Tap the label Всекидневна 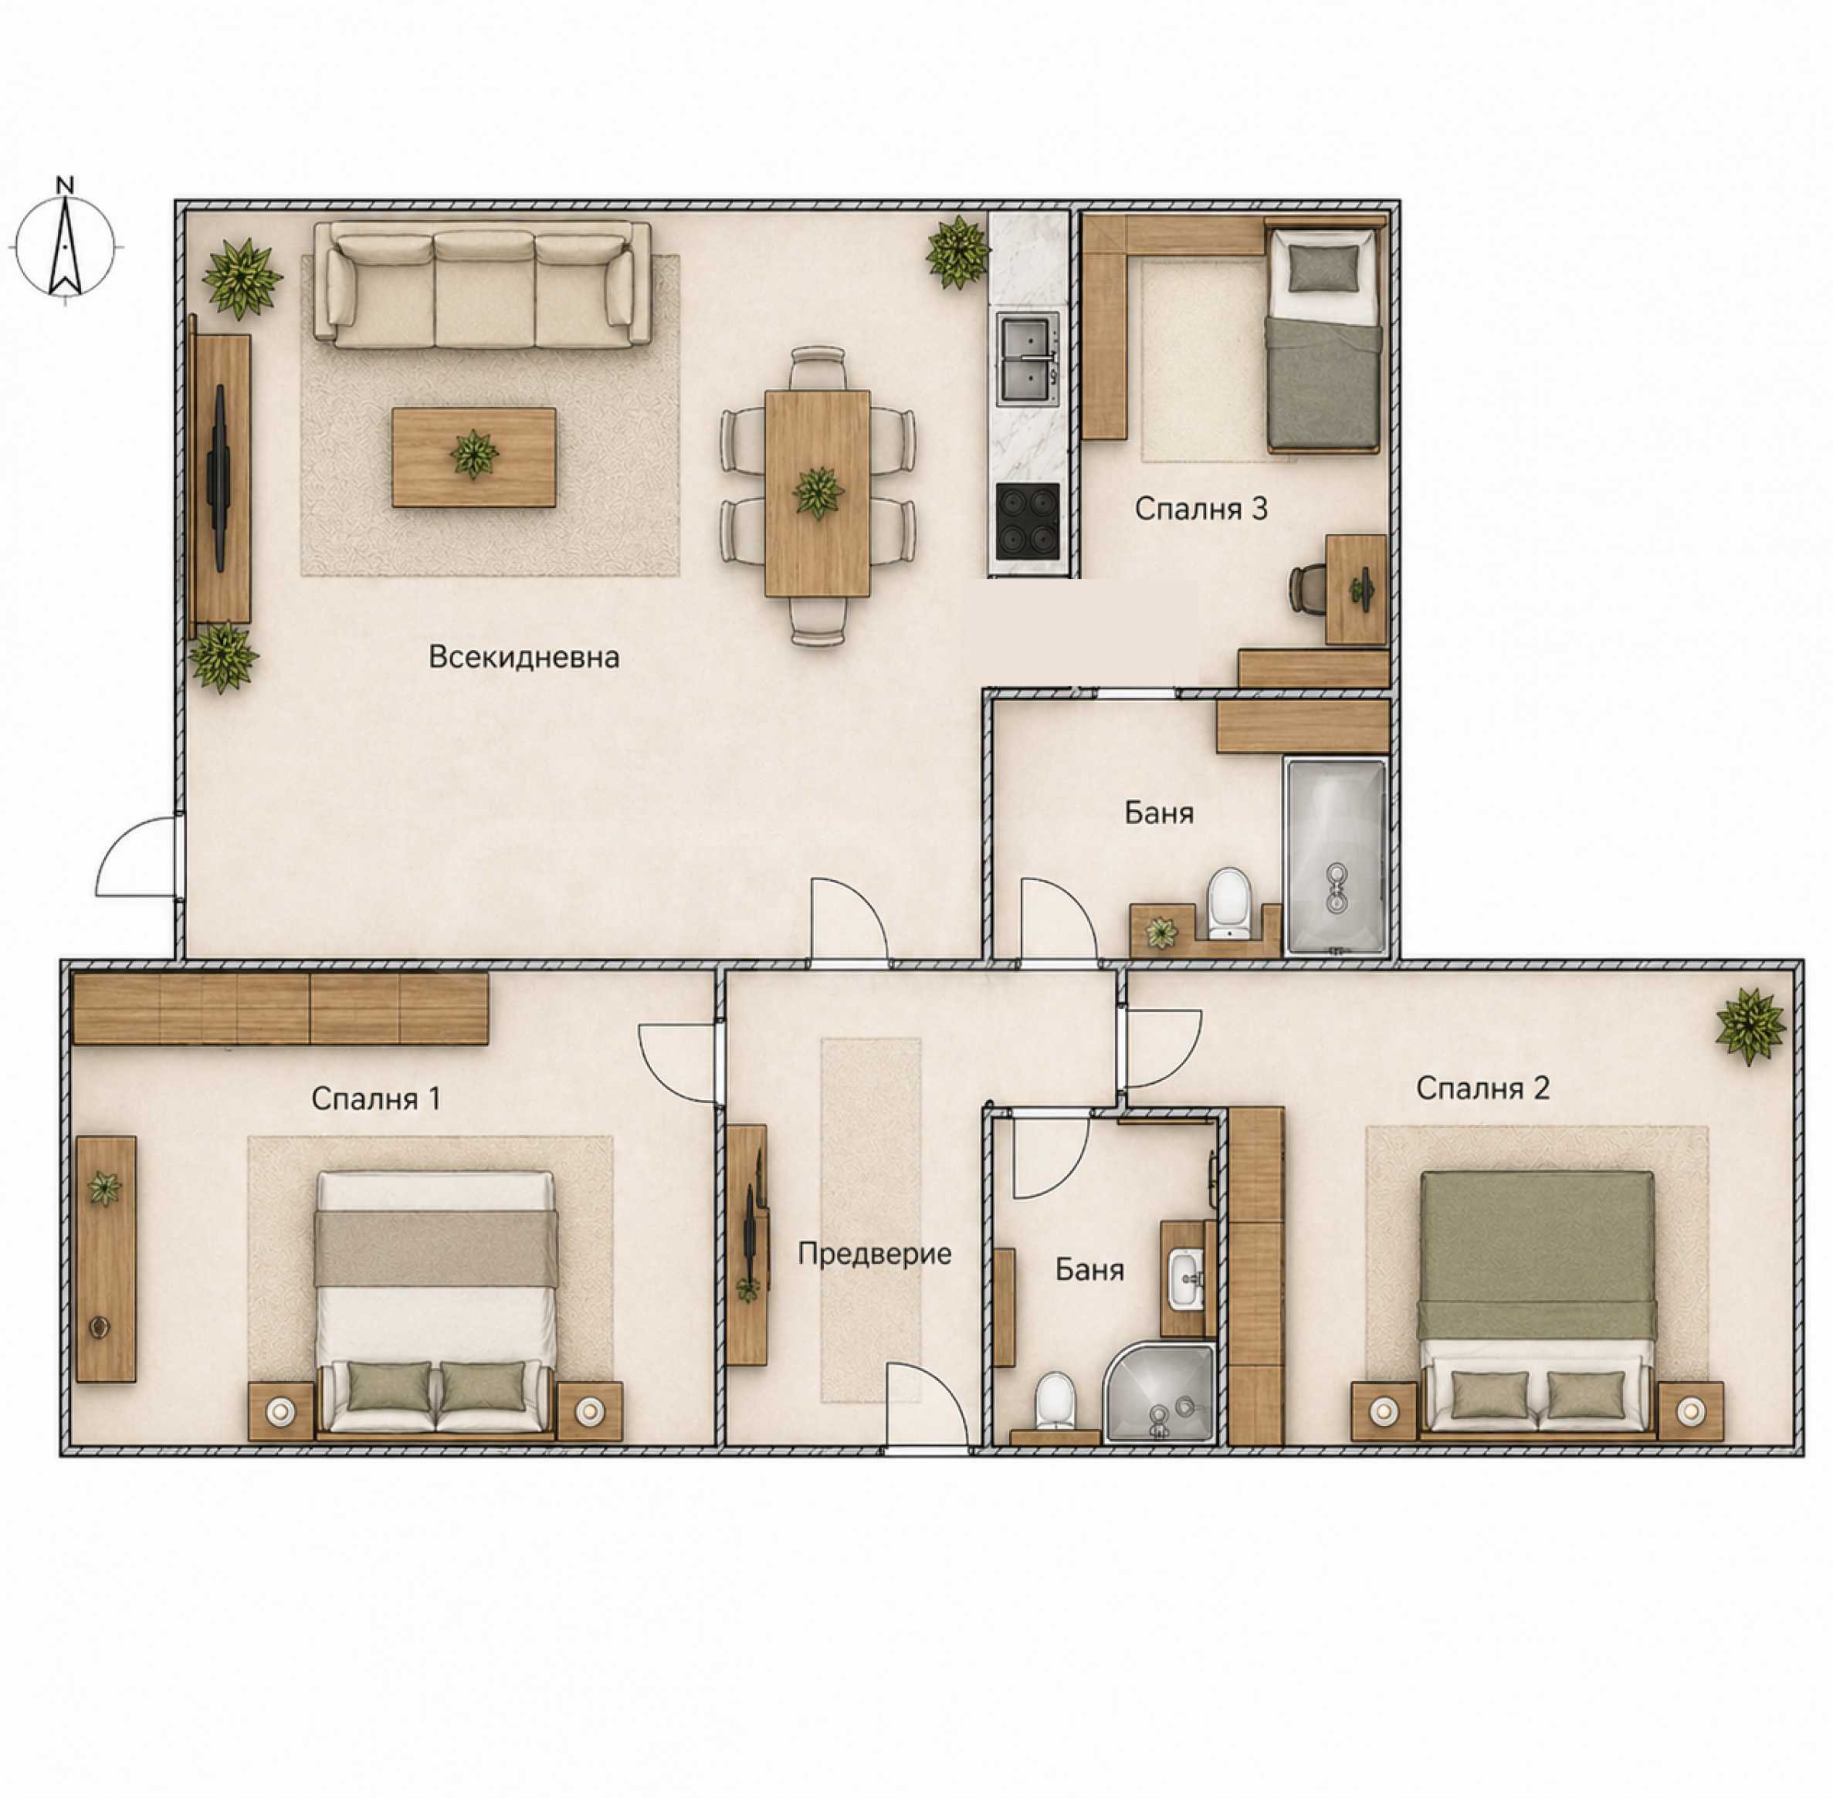pyautogui.click(x=524, y=657)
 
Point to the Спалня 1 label pyautogui.click(x=376, y=1099)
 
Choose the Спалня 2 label pyautogui.click(x=1482, y=1088)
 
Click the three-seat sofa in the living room pyautogui.click(x=483, y=284)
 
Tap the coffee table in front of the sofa pyautogui.click(x=474, y=457)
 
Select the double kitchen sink pyautogui.click(x=1028, y=360)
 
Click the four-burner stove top pyautogui.click(x=1028, y=520)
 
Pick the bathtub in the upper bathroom pyautogui.click(x=1334, y=855)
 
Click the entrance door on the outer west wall pyautogui.click(x=140, y=855)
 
